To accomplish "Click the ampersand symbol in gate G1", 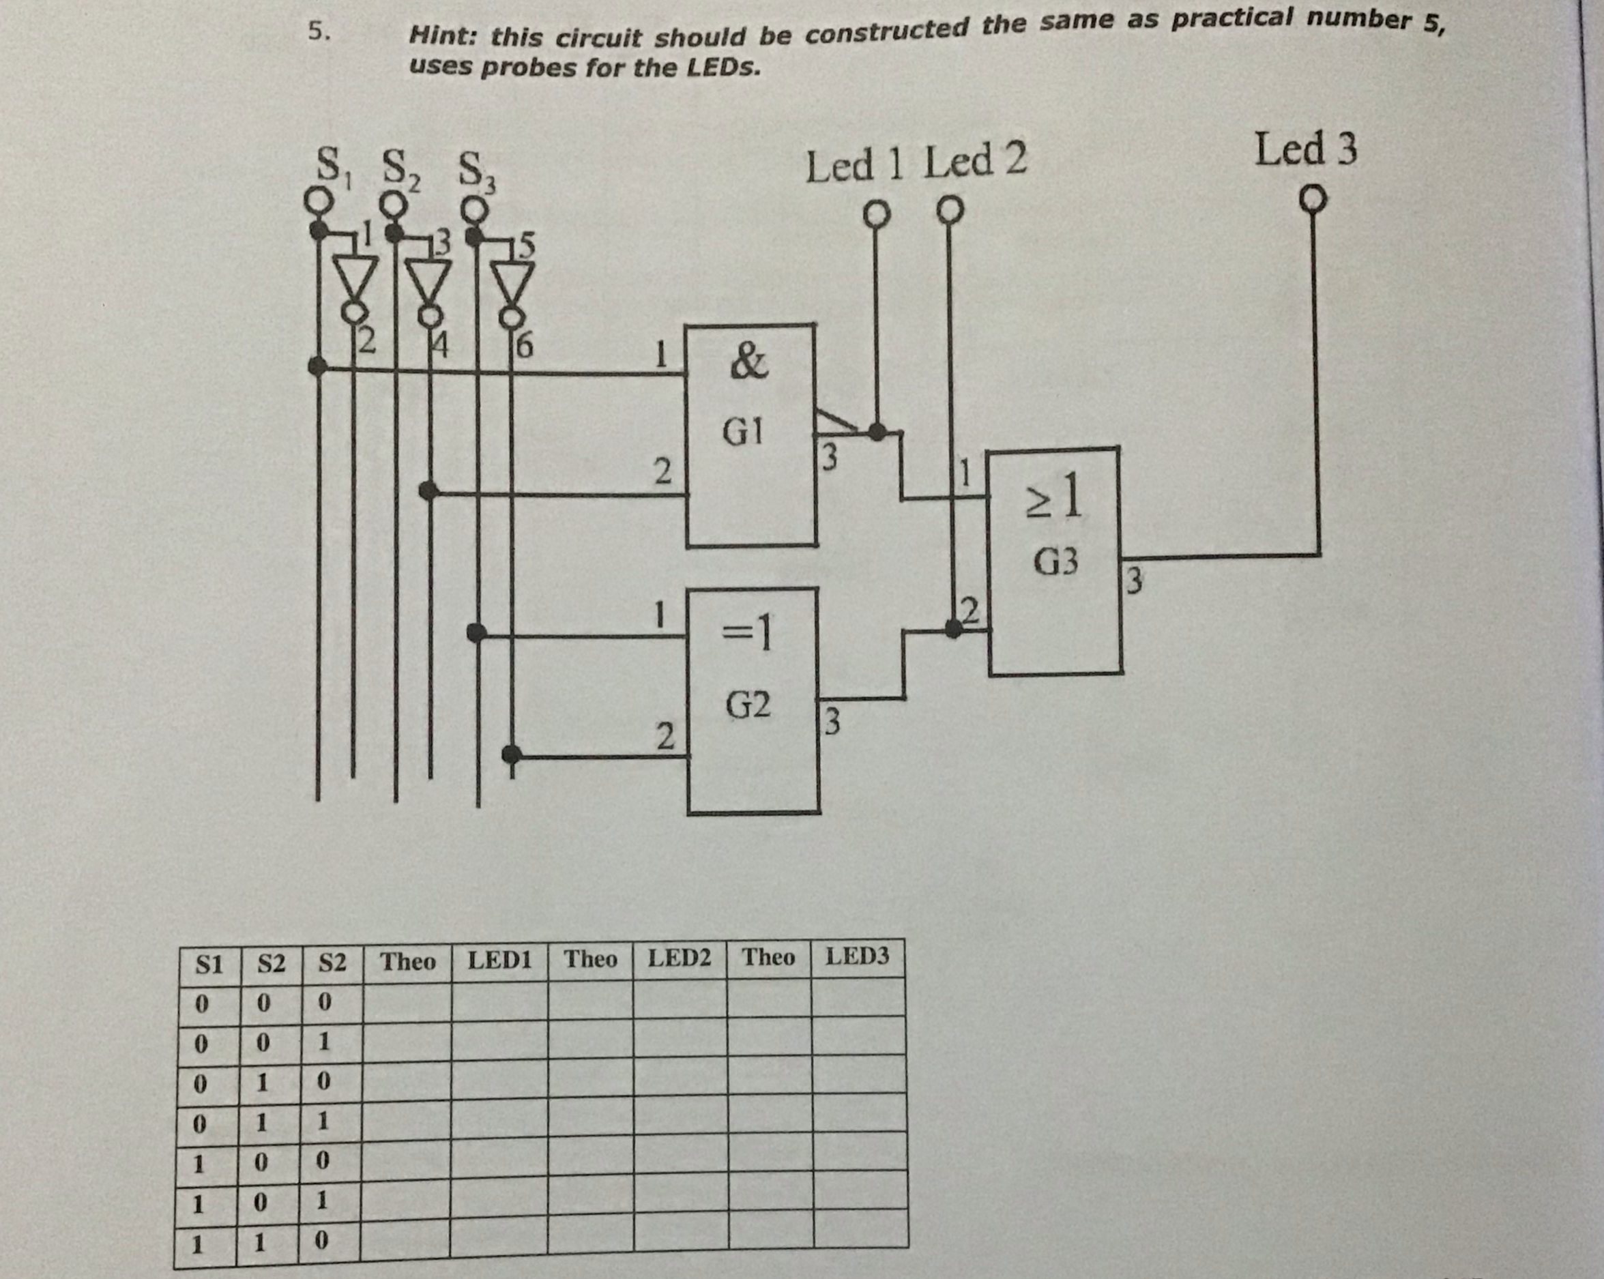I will click(748, 362).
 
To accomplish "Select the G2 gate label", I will click(748, 705).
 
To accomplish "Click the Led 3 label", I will click(1306, 149).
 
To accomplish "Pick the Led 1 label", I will click(854, 165).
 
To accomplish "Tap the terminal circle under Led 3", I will click(1313, 199).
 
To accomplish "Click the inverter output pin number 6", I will click(525, 346).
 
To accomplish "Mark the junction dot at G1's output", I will click(878, 432).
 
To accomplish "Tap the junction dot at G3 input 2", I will click(953, 630).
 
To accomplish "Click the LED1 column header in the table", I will click(499, 960).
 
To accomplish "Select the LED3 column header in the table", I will click(857, 956).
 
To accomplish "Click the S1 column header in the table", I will click(208, 965).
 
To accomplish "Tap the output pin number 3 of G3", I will click(1134, 580).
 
